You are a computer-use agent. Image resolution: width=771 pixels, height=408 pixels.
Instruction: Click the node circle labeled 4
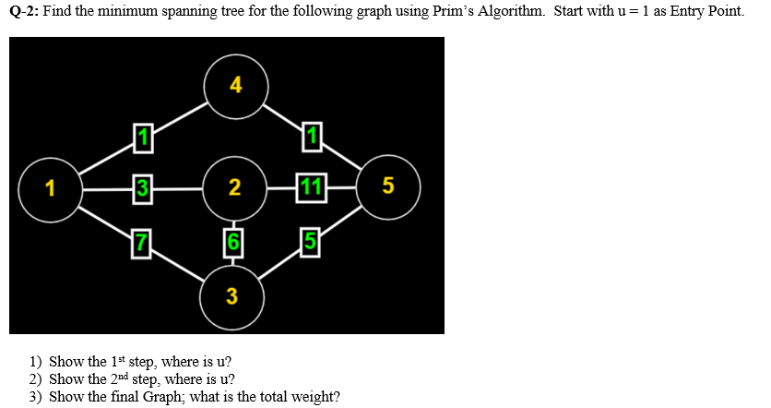click(235, 87)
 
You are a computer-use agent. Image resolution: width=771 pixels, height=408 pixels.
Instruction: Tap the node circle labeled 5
click(387, 187)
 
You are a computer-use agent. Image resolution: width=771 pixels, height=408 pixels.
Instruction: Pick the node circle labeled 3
click(231, 296)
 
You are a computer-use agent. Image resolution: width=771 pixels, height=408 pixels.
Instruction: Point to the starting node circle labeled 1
click(50, 189)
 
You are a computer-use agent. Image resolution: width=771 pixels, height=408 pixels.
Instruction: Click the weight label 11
click(311, 188)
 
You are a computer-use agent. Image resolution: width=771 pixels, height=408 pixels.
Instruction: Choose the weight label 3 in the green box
click(141, 188)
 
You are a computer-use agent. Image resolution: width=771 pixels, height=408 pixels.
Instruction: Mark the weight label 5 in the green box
click(311, 245)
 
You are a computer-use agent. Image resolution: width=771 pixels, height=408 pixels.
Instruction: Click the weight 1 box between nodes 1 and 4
click(141, 138)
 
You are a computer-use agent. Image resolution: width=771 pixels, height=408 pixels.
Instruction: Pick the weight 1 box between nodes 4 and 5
click(312, 138)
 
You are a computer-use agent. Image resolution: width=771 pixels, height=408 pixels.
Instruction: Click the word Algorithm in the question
click(508, 16)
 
